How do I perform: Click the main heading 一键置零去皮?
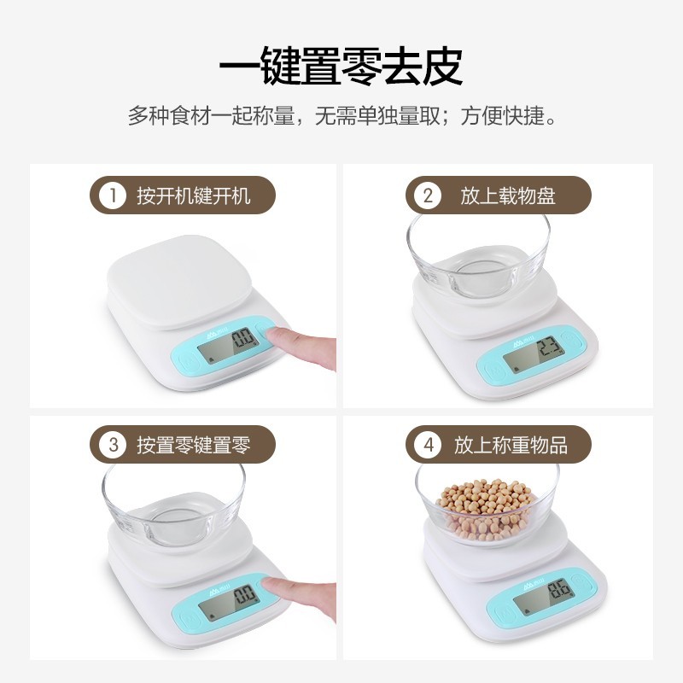(x=341, y=67)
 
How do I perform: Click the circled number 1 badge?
(x=113, y=196)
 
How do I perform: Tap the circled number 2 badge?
(x=429, y=196)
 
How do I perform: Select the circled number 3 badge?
(x=113, y=445)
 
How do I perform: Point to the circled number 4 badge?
(x=429, y=445)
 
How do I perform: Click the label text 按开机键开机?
(x=194, y=196)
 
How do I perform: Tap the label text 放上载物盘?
(x=508, y=196)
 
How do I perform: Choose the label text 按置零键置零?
(x=194, y=445)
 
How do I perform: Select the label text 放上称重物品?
(x=511, y=445)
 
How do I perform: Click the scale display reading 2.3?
(x=548, y=348)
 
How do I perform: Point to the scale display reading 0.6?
(x=559, y=590)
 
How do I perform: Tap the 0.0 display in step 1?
(x=242, y=338)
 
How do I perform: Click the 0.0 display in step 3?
(x=244, y=595)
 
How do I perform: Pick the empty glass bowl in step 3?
(x=174, y=505)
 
